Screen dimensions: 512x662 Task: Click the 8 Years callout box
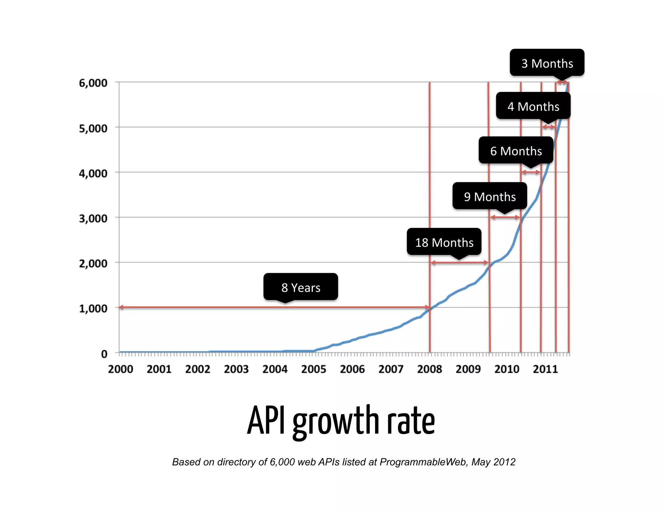coord(301,287)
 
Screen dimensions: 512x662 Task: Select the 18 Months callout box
coord(444,242)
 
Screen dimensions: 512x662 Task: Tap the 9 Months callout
coord(489,196)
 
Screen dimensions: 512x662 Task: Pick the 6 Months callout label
coord(516,151)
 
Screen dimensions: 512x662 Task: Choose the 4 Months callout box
coord(533,106)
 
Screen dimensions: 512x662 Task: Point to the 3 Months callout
coord(547,63)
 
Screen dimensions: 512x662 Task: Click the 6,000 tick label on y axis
coord(93,83)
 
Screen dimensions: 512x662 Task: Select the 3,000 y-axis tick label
coord(93,218)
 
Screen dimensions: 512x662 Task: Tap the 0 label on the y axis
coord(104,354)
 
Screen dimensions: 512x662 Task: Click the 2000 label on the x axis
coord(121,369)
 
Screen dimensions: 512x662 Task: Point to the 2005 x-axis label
coord(314,369)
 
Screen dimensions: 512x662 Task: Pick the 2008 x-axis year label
coord(429,369)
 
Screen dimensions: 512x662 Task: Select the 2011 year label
coord(545,369)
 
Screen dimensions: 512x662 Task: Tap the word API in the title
coord(266,420)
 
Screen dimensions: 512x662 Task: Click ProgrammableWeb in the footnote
coord(423,462)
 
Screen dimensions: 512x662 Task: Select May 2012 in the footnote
coord(493,462)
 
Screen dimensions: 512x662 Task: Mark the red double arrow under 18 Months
coord(459,262)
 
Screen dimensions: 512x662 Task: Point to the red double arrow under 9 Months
coord(505,217)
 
